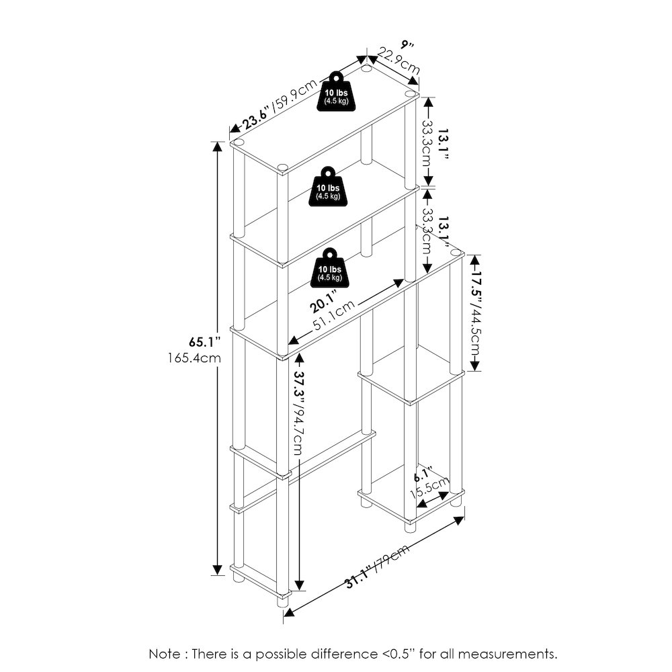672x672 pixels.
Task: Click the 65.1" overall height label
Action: [205, 342]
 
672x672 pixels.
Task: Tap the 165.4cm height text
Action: [195, 358]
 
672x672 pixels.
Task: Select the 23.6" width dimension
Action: [256, 118]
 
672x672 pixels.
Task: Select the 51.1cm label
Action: [334, 315]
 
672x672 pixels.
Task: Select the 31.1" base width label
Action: [358, 577]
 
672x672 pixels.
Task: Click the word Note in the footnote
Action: [165, 654]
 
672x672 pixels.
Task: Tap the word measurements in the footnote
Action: [508, 655]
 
